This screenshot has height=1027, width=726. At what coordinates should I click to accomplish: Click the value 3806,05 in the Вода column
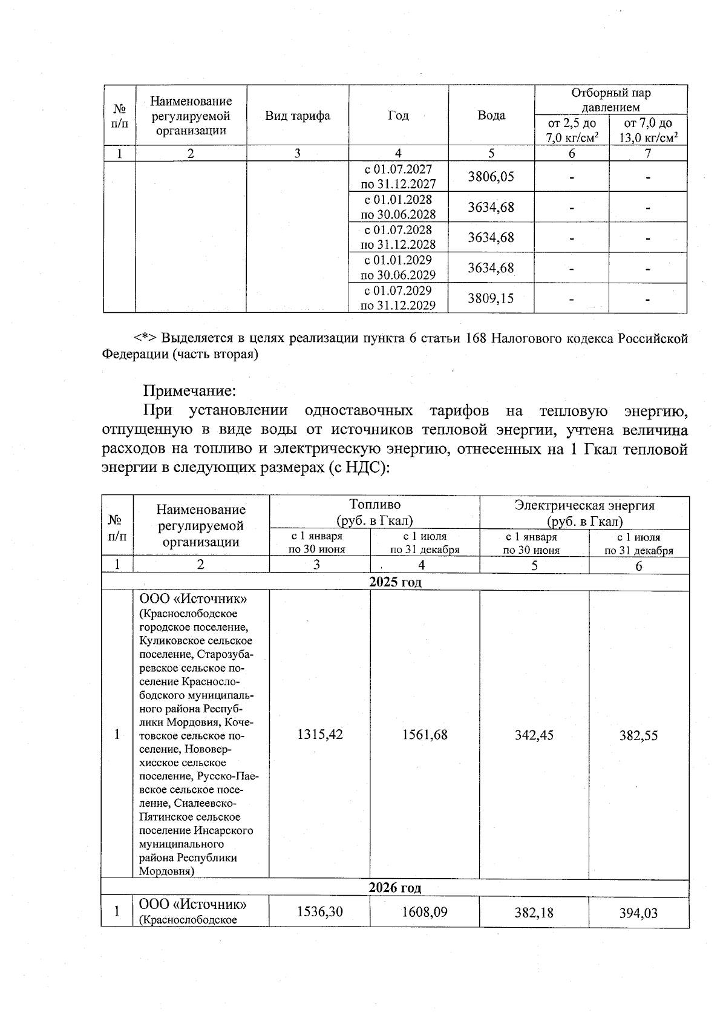(491, 176)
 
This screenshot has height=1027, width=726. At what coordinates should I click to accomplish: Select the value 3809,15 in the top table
(491, 298)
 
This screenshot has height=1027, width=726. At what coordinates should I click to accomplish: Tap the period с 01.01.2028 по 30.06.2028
(398, 207)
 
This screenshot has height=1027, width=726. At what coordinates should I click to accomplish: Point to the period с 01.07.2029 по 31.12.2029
(398, 298)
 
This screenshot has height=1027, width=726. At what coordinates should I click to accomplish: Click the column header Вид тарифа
(298, 116)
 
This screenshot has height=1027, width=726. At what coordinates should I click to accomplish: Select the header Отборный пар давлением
(610, 100)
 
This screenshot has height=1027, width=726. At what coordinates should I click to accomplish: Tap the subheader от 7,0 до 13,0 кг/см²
(647, 131)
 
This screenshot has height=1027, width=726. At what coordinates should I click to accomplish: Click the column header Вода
(491, 116)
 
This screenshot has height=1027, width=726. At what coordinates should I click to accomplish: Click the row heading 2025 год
(395, 582)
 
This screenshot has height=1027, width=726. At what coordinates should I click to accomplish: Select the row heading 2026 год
(395, 888)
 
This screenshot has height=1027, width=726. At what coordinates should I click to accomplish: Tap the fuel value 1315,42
(320, 735)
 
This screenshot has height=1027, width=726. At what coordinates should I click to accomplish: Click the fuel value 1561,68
(425, 735)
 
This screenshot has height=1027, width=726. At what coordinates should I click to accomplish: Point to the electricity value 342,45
(534, 735)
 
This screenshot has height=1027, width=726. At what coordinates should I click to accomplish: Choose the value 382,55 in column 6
(638, 736)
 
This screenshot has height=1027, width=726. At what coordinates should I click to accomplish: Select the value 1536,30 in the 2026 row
(320, 911)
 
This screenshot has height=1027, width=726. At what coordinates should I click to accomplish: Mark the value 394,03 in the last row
(638, 913)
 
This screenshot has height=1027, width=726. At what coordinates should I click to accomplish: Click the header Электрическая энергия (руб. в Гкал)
(584, 513)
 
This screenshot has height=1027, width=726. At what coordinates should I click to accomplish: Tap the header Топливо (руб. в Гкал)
(374, 513)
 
